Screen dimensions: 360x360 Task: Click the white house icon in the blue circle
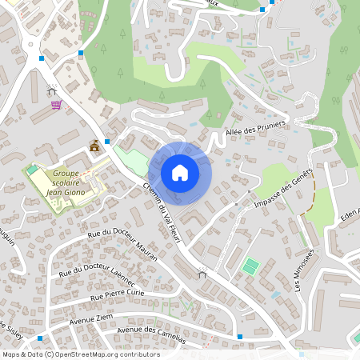[180, 173]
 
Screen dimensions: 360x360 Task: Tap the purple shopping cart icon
[55, 104]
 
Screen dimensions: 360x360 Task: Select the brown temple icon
[95, 146]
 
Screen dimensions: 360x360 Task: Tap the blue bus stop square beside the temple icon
[107, 139]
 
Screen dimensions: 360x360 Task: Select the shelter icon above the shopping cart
[52, 90]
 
